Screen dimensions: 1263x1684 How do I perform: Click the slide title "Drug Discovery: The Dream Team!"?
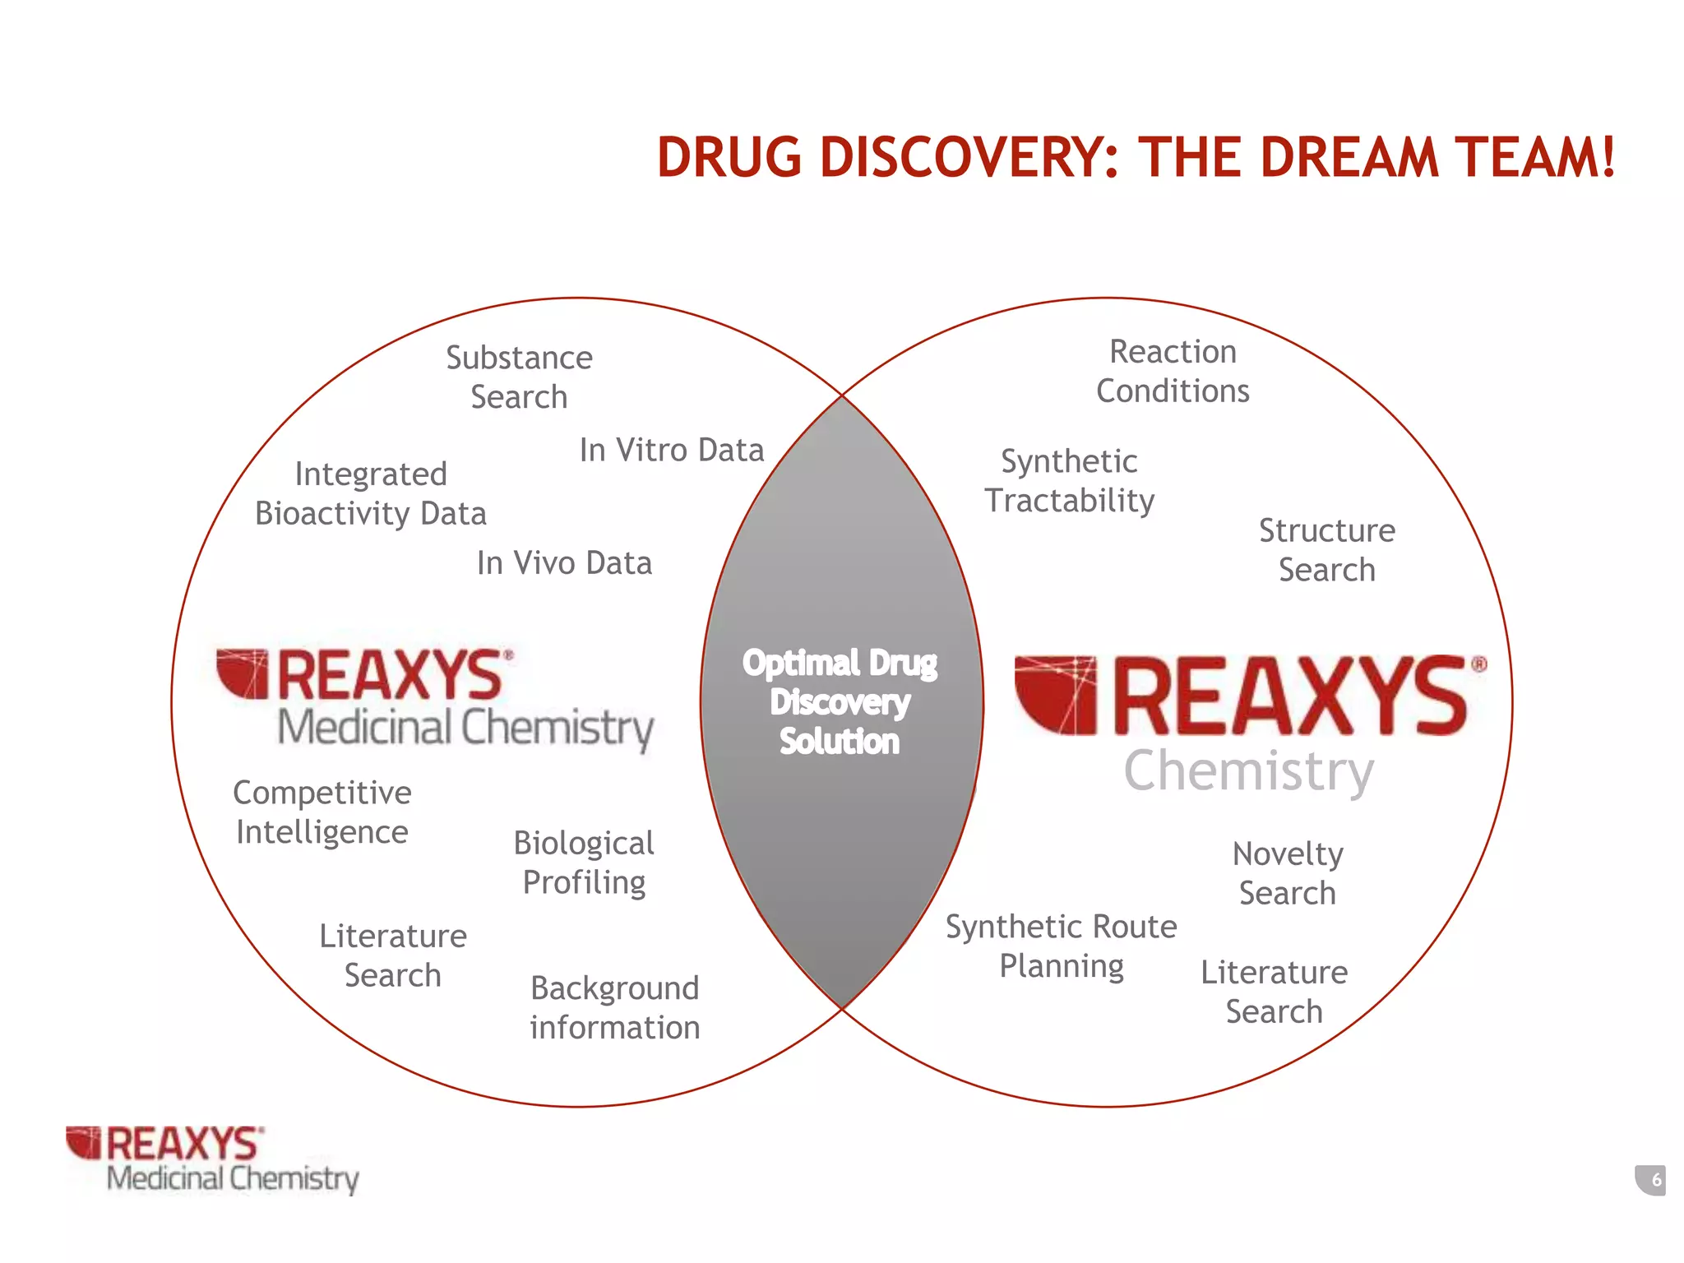[1136, 157]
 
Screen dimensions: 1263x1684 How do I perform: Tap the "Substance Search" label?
[519, 377]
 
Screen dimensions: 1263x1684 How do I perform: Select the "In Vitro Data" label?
[672, 451]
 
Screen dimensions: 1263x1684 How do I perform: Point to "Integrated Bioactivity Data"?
[371, 494]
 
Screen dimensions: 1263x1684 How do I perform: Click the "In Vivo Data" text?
[564, 563]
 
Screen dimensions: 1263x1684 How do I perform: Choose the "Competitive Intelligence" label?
[322, 812]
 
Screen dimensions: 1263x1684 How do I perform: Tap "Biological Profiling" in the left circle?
[584, 863]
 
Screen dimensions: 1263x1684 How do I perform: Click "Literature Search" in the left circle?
[393, 955]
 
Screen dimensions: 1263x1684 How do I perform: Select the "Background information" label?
[614, 1007]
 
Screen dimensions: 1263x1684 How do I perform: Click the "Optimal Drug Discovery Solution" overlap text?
[840, 702]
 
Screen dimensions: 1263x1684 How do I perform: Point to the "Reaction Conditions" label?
[1173, 372]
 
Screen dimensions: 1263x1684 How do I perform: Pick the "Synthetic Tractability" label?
[1069, 481]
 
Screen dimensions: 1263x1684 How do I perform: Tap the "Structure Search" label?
[1326, 550]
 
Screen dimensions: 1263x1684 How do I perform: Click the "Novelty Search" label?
[1288, 873]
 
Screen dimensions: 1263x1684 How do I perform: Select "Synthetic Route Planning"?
[1061, 946]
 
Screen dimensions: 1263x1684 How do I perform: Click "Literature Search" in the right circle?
[1274, 992]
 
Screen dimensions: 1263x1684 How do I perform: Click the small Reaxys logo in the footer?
[212, 1159]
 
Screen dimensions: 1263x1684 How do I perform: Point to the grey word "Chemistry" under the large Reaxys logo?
[1248, 771]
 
